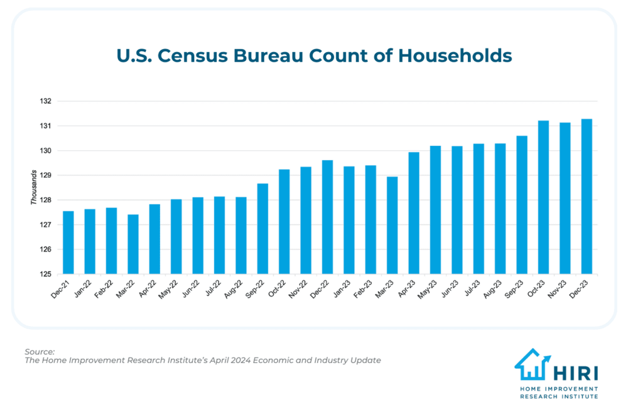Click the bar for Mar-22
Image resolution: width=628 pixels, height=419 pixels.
click(x=133, y=244)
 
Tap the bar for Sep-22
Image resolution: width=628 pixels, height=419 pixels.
click(x=263, y=229)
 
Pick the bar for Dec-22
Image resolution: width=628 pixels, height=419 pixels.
click(x=327, y=217)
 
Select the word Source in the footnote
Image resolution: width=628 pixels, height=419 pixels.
click(x=40, y=351)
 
